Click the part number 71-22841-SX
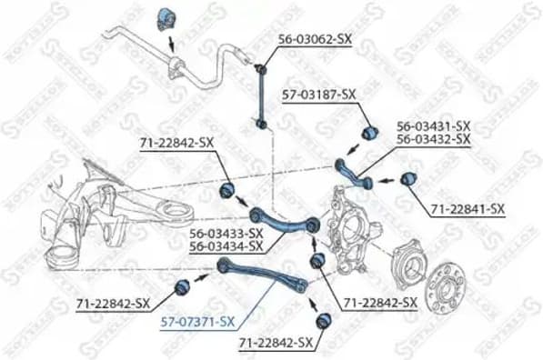466,208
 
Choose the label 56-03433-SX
226,233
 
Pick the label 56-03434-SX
226,245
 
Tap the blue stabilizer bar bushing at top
166,17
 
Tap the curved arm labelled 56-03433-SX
282,219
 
